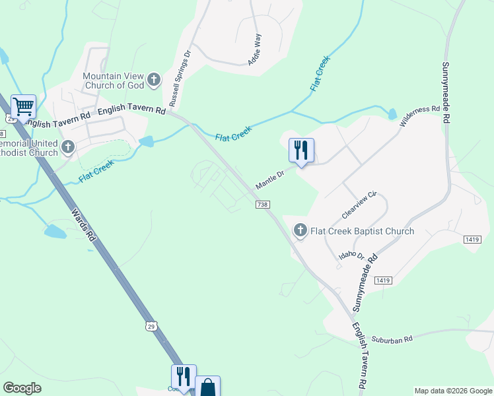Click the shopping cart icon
23,106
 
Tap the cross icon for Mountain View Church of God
154,81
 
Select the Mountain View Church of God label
113,81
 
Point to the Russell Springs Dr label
179,79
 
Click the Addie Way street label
255,48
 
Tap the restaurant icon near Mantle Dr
301,150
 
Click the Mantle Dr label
270,177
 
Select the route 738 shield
263,205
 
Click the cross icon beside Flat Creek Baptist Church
300,230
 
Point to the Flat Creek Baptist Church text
363,231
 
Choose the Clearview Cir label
359,205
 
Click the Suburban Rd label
392,339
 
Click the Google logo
22,388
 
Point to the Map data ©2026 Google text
452,391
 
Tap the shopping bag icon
207,387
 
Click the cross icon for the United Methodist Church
68,148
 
